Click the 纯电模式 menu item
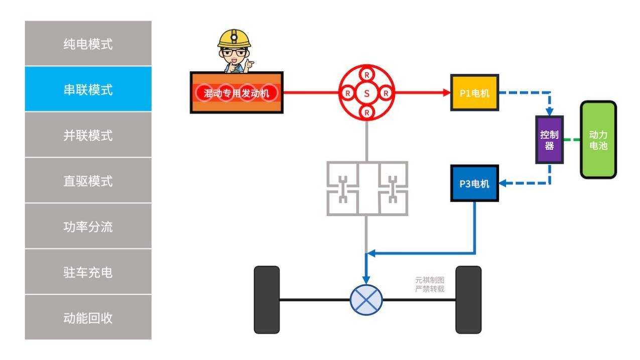pyautogui.click(x=88, y=44)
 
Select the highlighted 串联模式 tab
pyautogui.click(x=88, y=89)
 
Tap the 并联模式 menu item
pyautogui.click(x=88, y=135)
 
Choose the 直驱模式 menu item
pyautogui.click(x=88, y=181)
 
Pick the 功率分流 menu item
pyautogui.click(x=88, y=226)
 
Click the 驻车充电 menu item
pyautogui.click(x=88, y=272)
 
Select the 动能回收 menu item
pyautogui.click(x=88, y=318)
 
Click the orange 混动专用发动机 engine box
pyautogui.click(x=236, y=93)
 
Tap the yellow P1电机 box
pyautogui.click(x=474, y=93)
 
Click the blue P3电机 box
pyautogui.click(x=474, y=183)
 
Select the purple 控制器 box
pyautogui.click(x=549, y=140)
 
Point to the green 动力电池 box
pyautogui.click(x=598, y=140)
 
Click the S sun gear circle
pyautogui.click(x=367, y=93)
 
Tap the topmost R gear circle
pyautogui.click(x=367, y=74)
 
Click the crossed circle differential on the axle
pyautogui.click(x=366, y=300)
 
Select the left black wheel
pyautogui.click(x=267, y=300)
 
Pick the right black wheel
pyautogui.click(x=468, y=300)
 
